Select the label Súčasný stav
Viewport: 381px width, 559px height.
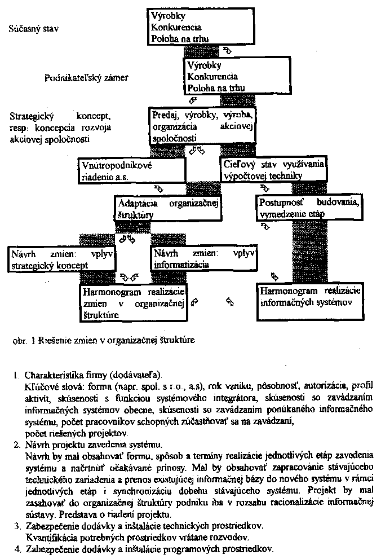coord(33,27)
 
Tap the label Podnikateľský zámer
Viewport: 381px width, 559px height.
coord(86,78)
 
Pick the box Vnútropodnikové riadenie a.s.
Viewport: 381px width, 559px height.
coord(131,170)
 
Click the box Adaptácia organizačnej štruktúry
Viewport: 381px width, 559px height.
coord(169,209)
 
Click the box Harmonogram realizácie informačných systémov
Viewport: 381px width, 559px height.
coord(306,297)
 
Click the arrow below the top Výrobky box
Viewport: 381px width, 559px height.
coord(227,50)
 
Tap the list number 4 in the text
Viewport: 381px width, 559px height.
coord(16,548)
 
